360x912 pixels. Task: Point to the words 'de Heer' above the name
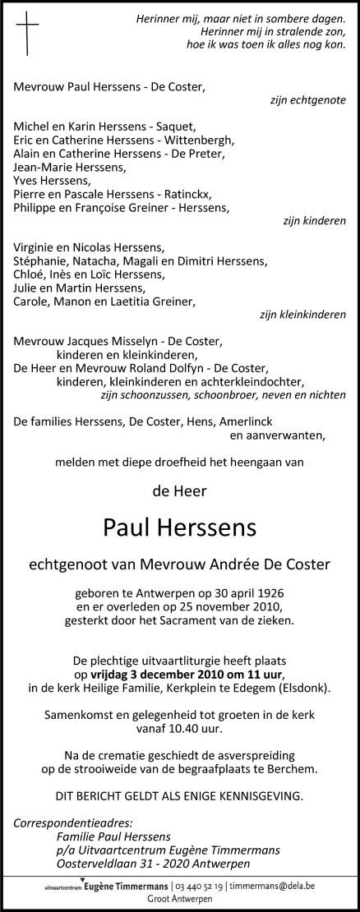pyautogui.click(x=180, y=492)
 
